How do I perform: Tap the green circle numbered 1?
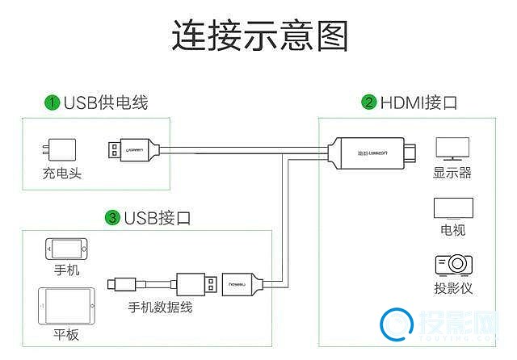click(x=52, y=103)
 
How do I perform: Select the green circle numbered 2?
click(x=369, y=103)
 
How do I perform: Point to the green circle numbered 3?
click(x=112, y=217)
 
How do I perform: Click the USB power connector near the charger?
click(x=132, y=149)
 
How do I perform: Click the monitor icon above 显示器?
click(x=452, y=149)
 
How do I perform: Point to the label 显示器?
click(x=452, y=173)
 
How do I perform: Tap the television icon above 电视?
click(x=452, y=207)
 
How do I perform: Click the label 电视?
click(x=452, y=230)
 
